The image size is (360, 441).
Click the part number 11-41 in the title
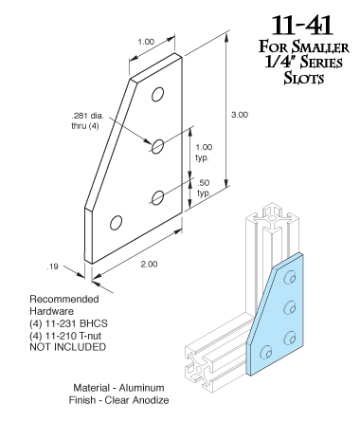[302, 26]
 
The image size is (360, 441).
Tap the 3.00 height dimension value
[240, 115]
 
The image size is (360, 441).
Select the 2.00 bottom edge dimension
[149, 264]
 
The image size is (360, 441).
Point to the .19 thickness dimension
[53, 266]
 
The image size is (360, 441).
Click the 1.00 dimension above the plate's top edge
[146, 42]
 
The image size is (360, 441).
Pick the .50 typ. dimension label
[204, 188]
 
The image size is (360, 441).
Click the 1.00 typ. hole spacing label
[204, 152]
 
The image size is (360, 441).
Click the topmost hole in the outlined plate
[157, 95]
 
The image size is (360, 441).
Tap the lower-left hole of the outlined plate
[116, 223]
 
